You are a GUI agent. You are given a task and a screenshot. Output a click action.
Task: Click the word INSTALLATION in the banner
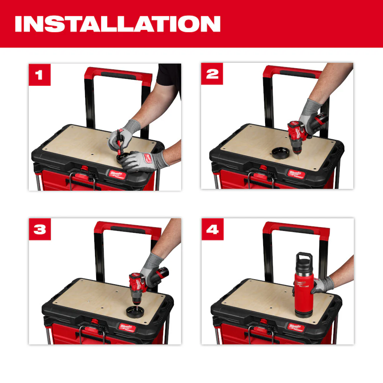tap(117, 24)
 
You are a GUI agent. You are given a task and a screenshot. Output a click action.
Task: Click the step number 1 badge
tap(39, 74)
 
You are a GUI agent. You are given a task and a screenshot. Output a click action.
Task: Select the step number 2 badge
tap(212, 74)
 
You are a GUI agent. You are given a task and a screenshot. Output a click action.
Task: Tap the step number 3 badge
tap(39, 229)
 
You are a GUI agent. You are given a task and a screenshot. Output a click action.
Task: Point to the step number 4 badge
tap(212, 229)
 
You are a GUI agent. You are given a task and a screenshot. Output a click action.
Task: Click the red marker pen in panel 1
tap(119, 142)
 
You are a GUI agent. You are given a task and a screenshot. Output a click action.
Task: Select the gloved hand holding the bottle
tap(322, 285)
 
